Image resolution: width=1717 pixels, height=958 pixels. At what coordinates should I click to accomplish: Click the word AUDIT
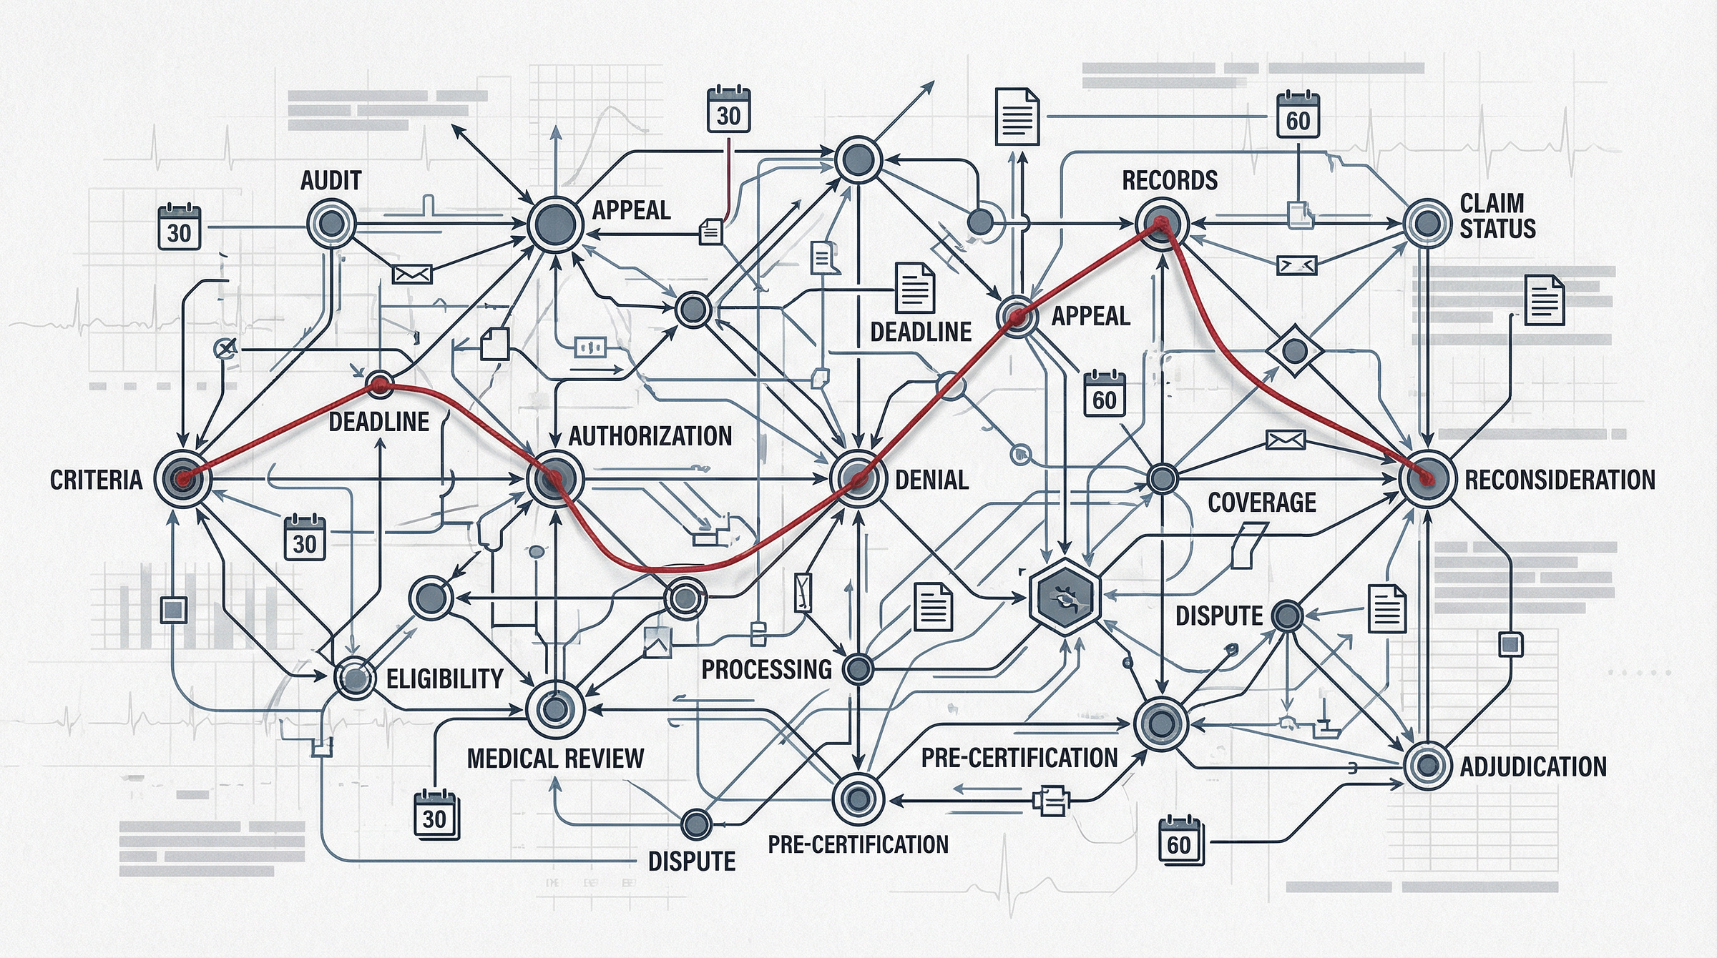[x=331, y=181]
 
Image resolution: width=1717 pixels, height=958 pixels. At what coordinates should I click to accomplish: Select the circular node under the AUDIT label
[x=331, y=224]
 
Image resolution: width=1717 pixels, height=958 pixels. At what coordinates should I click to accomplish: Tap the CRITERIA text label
[x=97, y=480]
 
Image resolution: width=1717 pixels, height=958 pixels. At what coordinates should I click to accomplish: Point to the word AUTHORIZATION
[x=650, y=435]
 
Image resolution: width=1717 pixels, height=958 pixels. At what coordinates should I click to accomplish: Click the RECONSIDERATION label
[x=1560, y=480]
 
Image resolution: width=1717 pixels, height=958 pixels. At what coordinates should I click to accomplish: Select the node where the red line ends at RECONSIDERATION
[x=1427, y=479]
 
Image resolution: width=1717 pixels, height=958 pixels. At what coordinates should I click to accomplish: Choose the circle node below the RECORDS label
[x=1161, y=224]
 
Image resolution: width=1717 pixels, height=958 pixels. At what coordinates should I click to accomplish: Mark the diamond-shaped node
[x=1294, y=350]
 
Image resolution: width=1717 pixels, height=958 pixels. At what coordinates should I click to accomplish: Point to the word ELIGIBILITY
[x=444, y=678]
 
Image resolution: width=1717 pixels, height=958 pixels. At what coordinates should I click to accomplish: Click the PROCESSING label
[x=766, y=670]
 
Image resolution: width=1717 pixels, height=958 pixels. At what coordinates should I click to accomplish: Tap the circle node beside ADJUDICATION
[x=1427, y=766]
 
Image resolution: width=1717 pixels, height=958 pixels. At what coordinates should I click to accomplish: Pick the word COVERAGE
[x=1262, y=503]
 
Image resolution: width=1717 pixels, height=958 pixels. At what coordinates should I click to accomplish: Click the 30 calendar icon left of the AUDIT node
[x=179, y=228]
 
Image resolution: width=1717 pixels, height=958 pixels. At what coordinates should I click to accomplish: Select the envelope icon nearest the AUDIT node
[x=413, y=273]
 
